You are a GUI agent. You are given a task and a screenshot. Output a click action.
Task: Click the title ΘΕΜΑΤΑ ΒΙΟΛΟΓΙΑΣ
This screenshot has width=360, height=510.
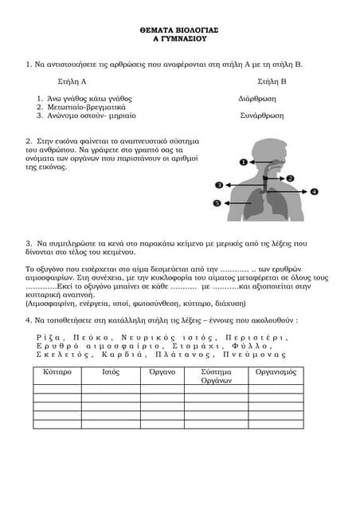click(179, 29)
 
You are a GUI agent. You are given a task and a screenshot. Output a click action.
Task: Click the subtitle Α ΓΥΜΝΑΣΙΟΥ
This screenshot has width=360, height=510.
click(179, 37)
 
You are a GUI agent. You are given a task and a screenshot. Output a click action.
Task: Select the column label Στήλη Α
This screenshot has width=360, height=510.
click(72, 82)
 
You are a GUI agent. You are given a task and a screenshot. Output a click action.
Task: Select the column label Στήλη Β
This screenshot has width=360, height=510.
click(272, 82)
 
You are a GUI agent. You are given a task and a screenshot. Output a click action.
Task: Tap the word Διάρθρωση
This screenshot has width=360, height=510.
click(257, 99)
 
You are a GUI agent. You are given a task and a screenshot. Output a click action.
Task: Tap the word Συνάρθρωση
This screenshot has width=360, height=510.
click(262, 115)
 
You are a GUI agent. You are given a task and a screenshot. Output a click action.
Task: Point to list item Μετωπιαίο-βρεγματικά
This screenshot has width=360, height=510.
click(87, 107)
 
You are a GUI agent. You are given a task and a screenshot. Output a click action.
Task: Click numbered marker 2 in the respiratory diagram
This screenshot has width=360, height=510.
click(291, 178)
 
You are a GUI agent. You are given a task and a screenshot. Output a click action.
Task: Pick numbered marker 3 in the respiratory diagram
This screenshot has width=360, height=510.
click(219, 186)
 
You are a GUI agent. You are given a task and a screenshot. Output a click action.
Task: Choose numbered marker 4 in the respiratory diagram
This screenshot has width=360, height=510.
click(315, 192)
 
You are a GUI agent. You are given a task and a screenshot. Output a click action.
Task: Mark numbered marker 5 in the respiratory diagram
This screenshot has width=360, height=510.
click(217, 204)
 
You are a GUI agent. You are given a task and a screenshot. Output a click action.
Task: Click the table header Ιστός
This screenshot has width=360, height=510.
click(112, 372)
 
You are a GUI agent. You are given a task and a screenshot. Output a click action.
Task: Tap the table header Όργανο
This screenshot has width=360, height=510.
click(163, 372)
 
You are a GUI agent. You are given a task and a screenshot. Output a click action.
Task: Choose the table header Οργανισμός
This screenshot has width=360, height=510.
click(276, 372)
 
